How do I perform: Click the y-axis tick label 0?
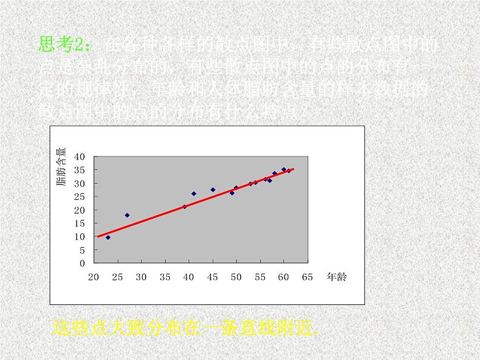point(83,263)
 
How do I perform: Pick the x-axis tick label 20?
point(94,277)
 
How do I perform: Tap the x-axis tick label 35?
point(165,277)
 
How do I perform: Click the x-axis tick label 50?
point(236,277)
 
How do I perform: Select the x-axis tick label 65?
point(307,277)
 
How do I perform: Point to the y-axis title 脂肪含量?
point(62,170)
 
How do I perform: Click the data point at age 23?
point(108,237)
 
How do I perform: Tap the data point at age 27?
point(127,215)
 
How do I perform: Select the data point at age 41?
point(193,194)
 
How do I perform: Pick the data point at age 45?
point(213,190)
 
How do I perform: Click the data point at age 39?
point(184,207)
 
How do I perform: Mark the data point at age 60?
point(284,170)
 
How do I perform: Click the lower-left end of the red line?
point(98,236)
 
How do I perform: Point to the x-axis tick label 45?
point(212,277)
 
